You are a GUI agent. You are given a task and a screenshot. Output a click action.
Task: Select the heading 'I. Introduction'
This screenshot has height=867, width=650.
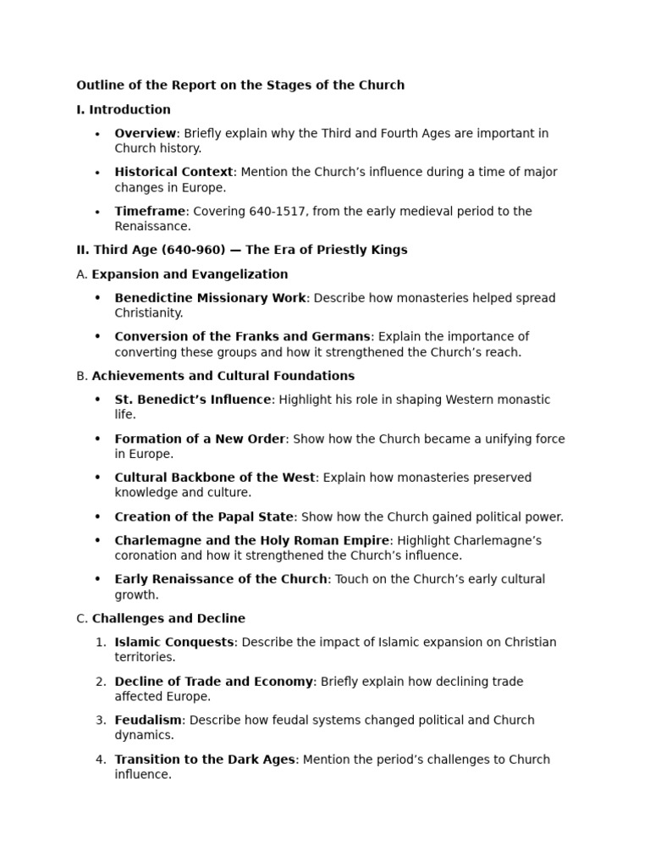pos(124,109)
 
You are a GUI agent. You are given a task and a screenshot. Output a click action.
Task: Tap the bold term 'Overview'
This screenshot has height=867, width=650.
pos(146,133)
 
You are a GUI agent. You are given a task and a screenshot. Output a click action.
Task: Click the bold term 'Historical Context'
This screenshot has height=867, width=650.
pos(174,172)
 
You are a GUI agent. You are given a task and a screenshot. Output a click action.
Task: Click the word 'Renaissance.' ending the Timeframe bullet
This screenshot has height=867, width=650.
pos(153,226)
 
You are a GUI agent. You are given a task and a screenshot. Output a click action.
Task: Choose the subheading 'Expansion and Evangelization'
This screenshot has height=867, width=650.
pos(190,274)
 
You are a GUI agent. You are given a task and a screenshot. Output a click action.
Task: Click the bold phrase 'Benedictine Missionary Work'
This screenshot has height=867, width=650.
pos(210,298)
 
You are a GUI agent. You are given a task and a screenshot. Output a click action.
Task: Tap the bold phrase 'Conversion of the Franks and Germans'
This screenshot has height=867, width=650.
pos(242,337)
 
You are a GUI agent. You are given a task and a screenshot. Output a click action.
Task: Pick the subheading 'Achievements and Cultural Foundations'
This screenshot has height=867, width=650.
pos(223,376)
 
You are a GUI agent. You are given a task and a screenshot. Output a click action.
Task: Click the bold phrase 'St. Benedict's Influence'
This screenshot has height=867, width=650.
pos(193,400)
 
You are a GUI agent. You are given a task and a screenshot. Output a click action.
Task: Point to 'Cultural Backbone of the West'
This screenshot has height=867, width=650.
pos(215,478)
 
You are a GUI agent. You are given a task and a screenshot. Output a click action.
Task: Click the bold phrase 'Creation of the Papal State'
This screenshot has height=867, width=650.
pos(204,516)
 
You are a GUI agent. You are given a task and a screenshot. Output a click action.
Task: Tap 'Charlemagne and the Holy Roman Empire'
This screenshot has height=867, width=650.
pos(252,540)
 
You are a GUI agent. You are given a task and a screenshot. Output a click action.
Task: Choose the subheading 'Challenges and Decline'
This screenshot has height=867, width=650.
pos(168,618)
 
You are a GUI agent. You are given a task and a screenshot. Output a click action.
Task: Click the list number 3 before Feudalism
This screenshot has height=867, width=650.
pos(101,720)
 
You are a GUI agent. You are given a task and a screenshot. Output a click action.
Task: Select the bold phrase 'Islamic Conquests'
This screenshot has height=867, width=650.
pos(174,642)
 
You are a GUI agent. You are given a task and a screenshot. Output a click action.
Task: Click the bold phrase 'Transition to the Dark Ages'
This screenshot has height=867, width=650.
pos(205,759)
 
